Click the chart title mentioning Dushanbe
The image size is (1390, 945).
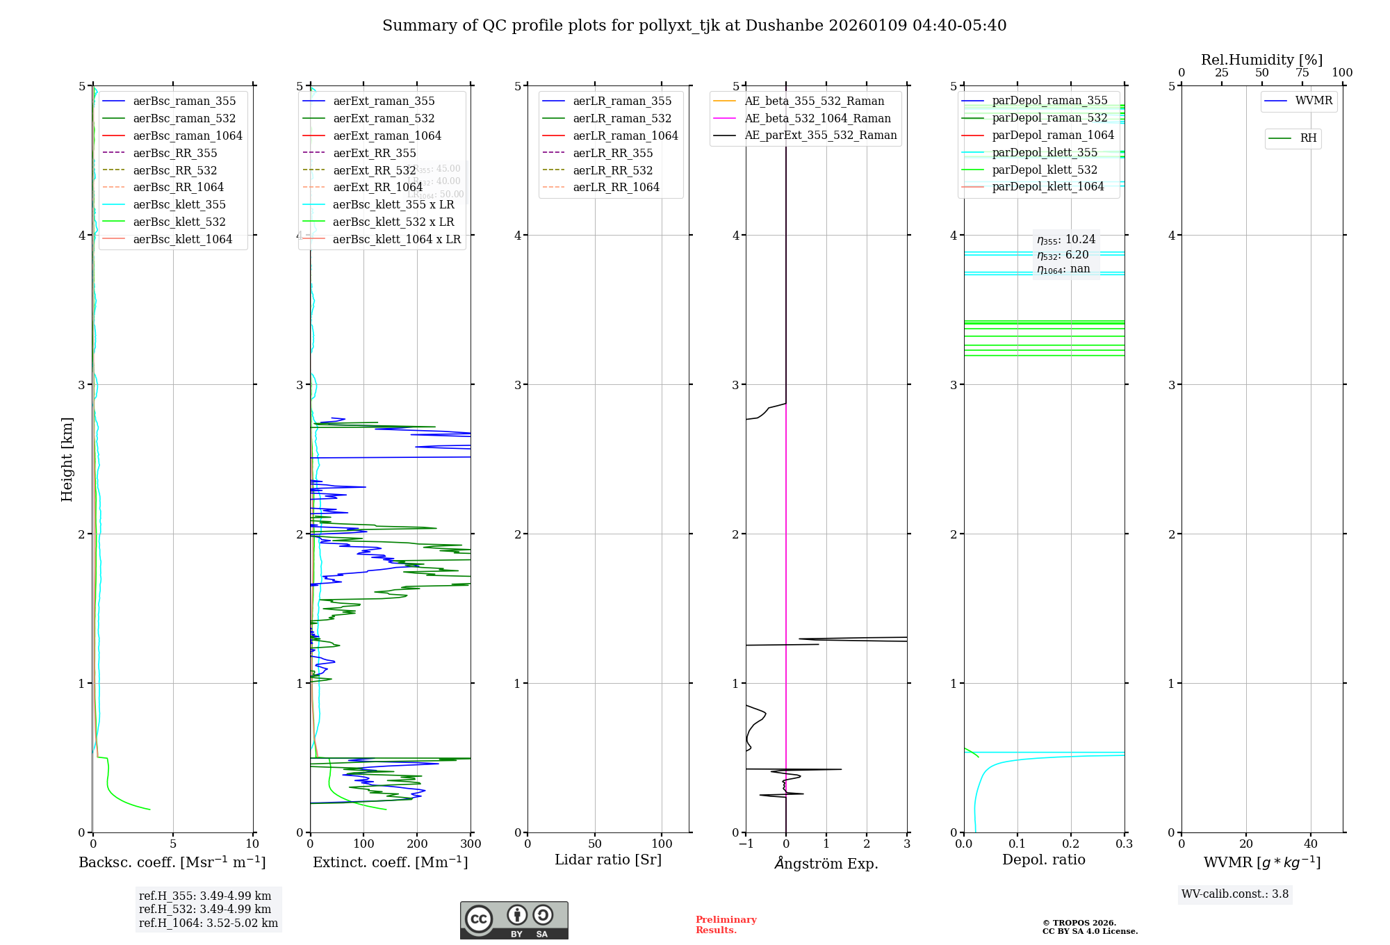click(694, 26)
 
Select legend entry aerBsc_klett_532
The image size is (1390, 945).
click(179, 222)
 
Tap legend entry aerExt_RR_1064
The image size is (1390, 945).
click(377, 187)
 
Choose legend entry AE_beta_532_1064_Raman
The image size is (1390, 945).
click(817, 118)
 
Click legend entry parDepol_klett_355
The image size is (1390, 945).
click(1045, 152)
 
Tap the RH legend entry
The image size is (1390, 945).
click(1308, 138)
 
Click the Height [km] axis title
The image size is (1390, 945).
click(67, 459)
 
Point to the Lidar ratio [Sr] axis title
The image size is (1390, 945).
click(608, 860)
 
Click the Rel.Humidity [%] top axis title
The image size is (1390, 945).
click(1261, 60)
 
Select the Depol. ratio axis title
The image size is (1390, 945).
click(1043, 860)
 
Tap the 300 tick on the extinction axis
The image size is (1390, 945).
click(471, 844)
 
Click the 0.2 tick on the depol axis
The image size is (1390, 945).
click(1071, 844)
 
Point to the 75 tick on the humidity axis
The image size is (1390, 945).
click(1302, 73)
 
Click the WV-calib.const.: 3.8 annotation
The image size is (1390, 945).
click(1235, 894)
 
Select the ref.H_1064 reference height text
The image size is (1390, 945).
click(208, 923)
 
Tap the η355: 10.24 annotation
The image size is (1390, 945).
click(1066, 240)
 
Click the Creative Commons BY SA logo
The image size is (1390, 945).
click(514, 920)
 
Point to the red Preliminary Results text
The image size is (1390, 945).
click(726, 925)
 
